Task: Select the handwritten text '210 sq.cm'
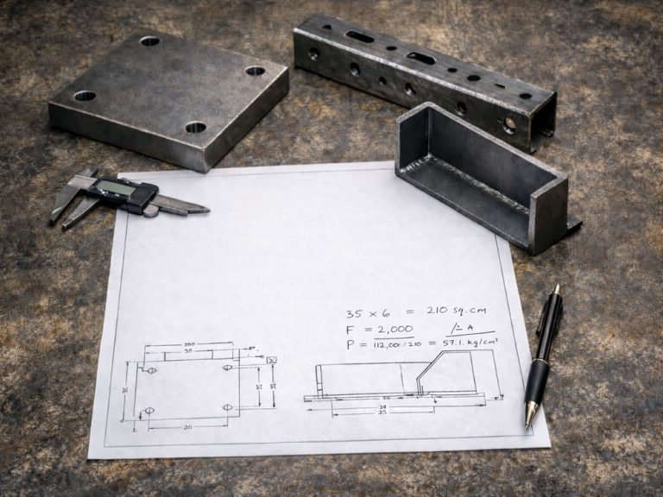(x=457, y=311)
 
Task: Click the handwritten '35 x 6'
(x=368, y=314)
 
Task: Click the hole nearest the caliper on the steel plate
(x=85, y=96)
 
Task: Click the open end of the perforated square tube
(x=542, y=125)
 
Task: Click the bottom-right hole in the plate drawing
(x=228, y=407)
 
